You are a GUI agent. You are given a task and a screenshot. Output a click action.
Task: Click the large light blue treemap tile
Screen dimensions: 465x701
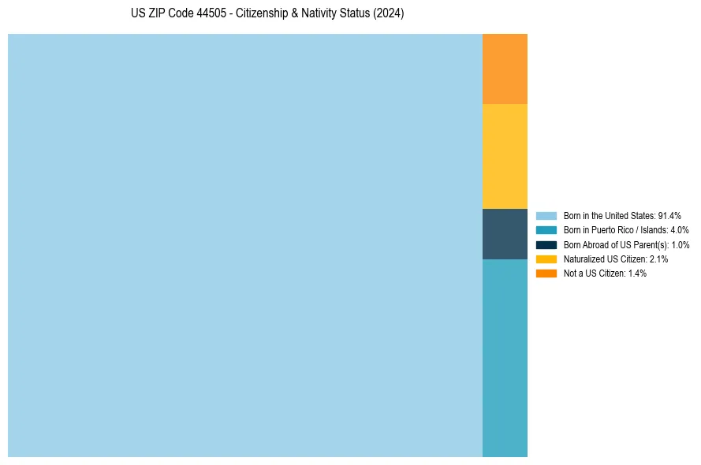[x=244, y=245]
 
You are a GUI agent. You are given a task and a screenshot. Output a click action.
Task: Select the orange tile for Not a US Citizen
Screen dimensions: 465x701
[x=505, y=69]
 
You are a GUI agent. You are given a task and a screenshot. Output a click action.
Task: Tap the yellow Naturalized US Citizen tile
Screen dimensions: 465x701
[x=505, y=156]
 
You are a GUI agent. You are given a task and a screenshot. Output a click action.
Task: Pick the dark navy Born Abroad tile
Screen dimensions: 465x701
[x=505, y=234]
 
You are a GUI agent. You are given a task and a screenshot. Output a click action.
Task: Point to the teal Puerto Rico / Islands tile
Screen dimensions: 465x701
[x=505, y=358]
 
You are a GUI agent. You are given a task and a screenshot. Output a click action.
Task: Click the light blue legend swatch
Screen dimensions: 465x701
[x=546, y=215]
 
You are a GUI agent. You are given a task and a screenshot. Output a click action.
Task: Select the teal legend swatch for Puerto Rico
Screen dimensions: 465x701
[x=546, y=230]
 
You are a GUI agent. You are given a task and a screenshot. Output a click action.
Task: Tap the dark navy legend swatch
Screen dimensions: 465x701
[x=546, y=244]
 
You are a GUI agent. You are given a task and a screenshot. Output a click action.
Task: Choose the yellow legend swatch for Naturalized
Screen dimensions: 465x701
[x=546, y=259]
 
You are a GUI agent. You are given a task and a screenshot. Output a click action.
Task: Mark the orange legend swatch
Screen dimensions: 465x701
[x=546, y=273]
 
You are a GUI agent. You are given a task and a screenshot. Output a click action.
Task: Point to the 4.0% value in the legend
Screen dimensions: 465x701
[x=679, y=230]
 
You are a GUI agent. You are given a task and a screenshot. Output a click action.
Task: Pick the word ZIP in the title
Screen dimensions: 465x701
[x=156, y=14]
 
